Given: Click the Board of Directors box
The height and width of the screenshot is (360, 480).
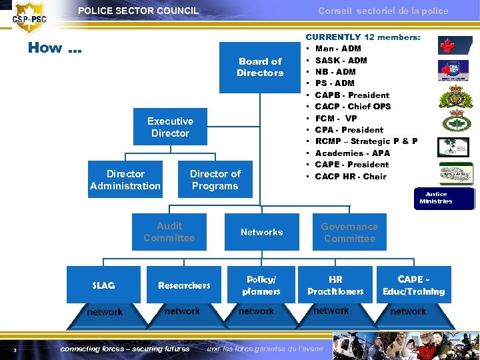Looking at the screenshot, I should click(260, 67).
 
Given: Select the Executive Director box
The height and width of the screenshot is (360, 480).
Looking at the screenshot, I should click(170, 127).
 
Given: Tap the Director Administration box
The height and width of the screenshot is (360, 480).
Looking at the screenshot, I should click(125, 180).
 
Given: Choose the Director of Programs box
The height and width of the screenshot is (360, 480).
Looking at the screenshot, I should click(215, 180).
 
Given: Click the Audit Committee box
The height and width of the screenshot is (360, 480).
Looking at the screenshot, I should click(169, 232).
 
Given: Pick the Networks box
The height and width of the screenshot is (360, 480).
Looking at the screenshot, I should click(261, 232).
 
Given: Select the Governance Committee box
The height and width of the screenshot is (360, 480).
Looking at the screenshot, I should click(349, 233).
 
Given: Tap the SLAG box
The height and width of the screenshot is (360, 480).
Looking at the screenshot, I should click(103, 285).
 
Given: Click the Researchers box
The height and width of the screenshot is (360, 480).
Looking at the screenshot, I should click(184, 285).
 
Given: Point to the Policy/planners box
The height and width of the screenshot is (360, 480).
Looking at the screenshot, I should click(261, 285).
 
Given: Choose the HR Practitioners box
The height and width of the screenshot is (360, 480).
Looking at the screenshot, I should click(335, 285).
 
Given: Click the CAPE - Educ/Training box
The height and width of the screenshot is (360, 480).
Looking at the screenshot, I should click(413, 285).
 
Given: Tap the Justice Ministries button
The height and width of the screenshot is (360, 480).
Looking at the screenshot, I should click(436, 198).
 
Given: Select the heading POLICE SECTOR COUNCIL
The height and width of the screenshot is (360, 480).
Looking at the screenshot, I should click(138, 11).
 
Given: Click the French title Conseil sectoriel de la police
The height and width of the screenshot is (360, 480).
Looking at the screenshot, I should click(383, 11).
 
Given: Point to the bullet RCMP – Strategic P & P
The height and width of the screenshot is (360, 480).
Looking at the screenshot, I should click(366, 141).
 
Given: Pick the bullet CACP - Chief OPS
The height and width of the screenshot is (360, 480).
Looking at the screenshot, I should click(353, 107).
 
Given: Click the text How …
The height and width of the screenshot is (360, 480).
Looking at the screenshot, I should click(55, 48).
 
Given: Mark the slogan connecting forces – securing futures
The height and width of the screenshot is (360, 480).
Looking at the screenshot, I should click(125, 349).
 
